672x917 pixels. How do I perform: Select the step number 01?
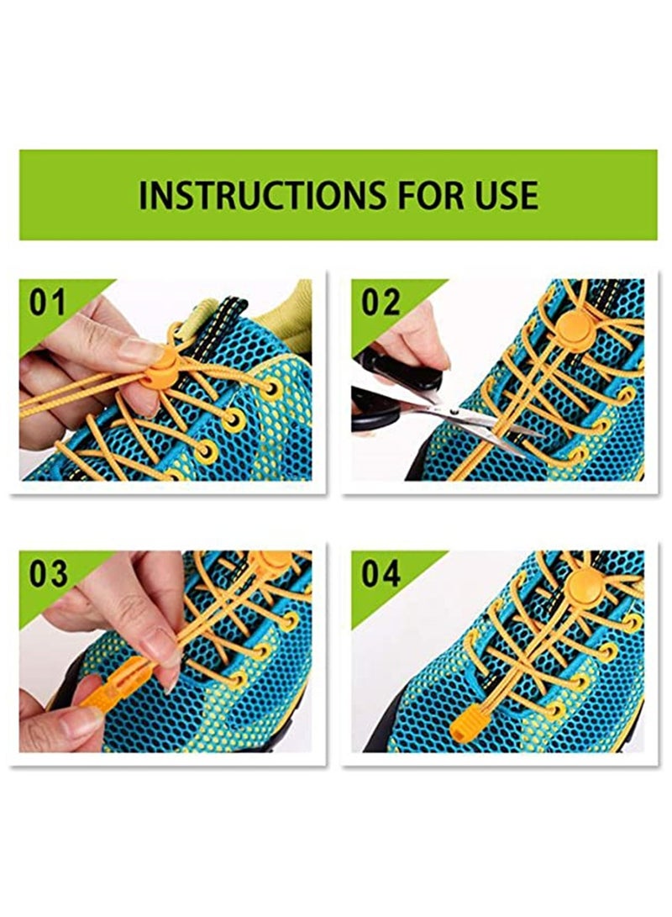tap(48, 303)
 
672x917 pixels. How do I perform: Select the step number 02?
tap(381, 303)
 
